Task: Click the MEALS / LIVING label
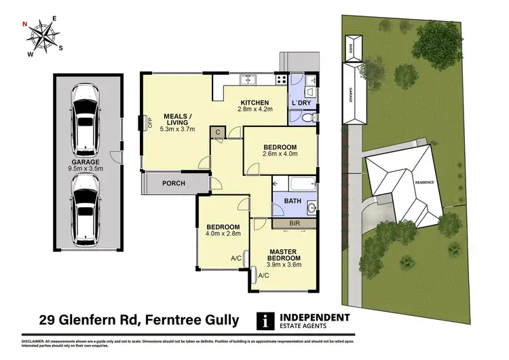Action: click(x=177, y=119)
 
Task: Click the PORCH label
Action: click(x=168, y=183)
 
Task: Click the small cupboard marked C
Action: click(x=218, y=132)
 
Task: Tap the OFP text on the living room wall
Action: click(x=151, y=123)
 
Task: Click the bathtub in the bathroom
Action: click(x=293, y=184)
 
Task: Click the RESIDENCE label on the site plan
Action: click(x=424, y=183)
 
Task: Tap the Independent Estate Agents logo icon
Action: click(x=263, y=319)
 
